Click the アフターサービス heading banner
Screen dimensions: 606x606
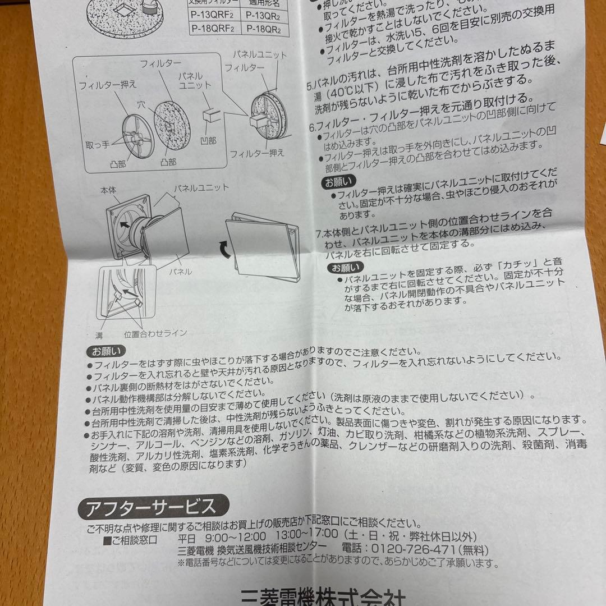coord(151,508)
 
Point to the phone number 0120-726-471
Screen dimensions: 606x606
coord(414,549)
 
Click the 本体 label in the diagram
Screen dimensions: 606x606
coord(108,191)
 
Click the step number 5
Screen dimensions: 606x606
coord(310,87)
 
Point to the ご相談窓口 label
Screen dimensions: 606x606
coord(131,541)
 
